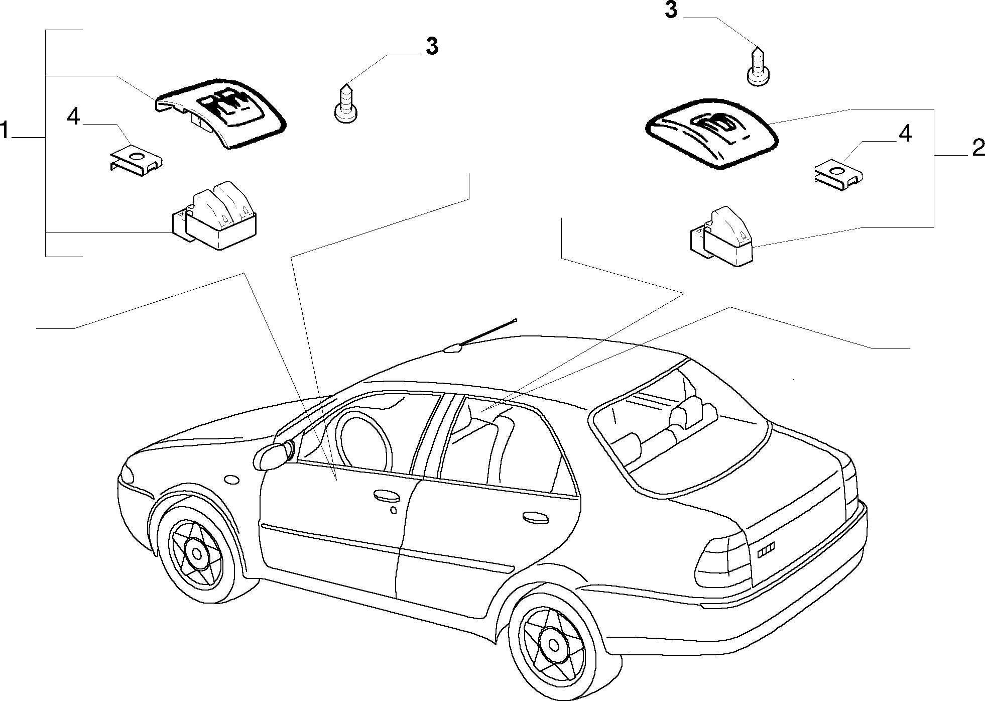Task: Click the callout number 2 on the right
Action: click(x=978, y=149)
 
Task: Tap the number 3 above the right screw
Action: click(x=671, y=10)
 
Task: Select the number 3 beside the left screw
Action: click(x=432, y=46)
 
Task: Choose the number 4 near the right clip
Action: click(x=905, y=134)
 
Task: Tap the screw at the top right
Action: click(x=759, y=66)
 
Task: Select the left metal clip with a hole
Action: click(x=137, y=157)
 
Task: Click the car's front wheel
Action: click(x=195, y=553)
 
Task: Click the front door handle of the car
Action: click(x=387, y=496)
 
